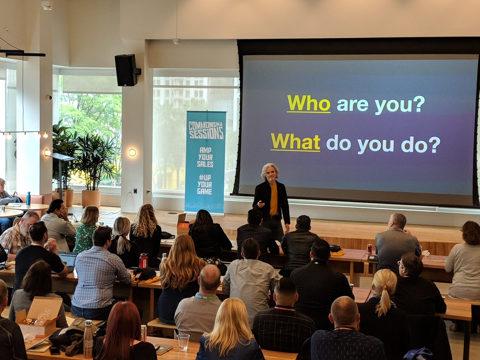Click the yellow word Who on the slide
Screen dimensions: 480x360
pyautogui.click(x=308, y=103)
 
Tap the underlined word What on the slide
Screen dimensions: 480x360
pyautogui.click(x=295, y=142)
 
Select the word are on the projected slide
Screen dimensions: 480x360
pyautogui.click(x=352, y=105)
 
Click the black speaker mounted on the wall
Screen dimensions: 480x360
pyautogui.click(x=126, y=70)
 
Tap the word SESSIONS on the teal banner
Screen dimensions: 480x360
pyautogui.click(x=206, y=133)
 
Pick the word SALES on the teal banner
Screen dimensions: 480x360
pyautogui.click(x=205, y=164)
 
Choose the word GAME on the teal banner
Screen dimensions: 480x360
pyautogui.click(x=204, y=192)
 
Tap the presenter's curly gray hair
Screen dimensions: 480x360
pyautogui.click(x=270, y=171)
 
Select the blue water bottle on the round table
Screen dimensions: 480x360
pyautogui.click(x=28, y=198)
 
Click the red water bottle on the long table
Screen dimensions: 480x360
pyautogui.click(x=144, y=260)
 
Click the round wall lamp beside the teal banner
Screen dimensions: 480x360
pyautogui.click(x=132, y=152)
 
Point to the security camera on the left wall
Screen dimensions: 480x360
pyautogui.click(x=50, y=98)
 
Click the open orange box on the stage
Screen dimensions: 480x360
pyautogui.click(x=183, y=224)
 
